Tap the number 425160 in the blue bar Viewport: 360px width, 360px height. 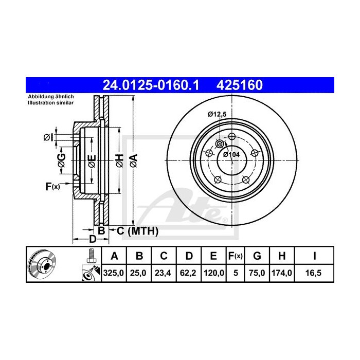241,83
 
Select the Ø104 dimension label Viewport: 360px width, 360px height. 231,154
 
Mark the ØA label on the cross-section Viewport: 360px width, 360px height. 134,160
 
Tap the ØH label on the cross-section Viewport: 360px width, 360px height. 119,160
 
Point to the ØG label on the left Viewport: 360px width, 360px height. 61,160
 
